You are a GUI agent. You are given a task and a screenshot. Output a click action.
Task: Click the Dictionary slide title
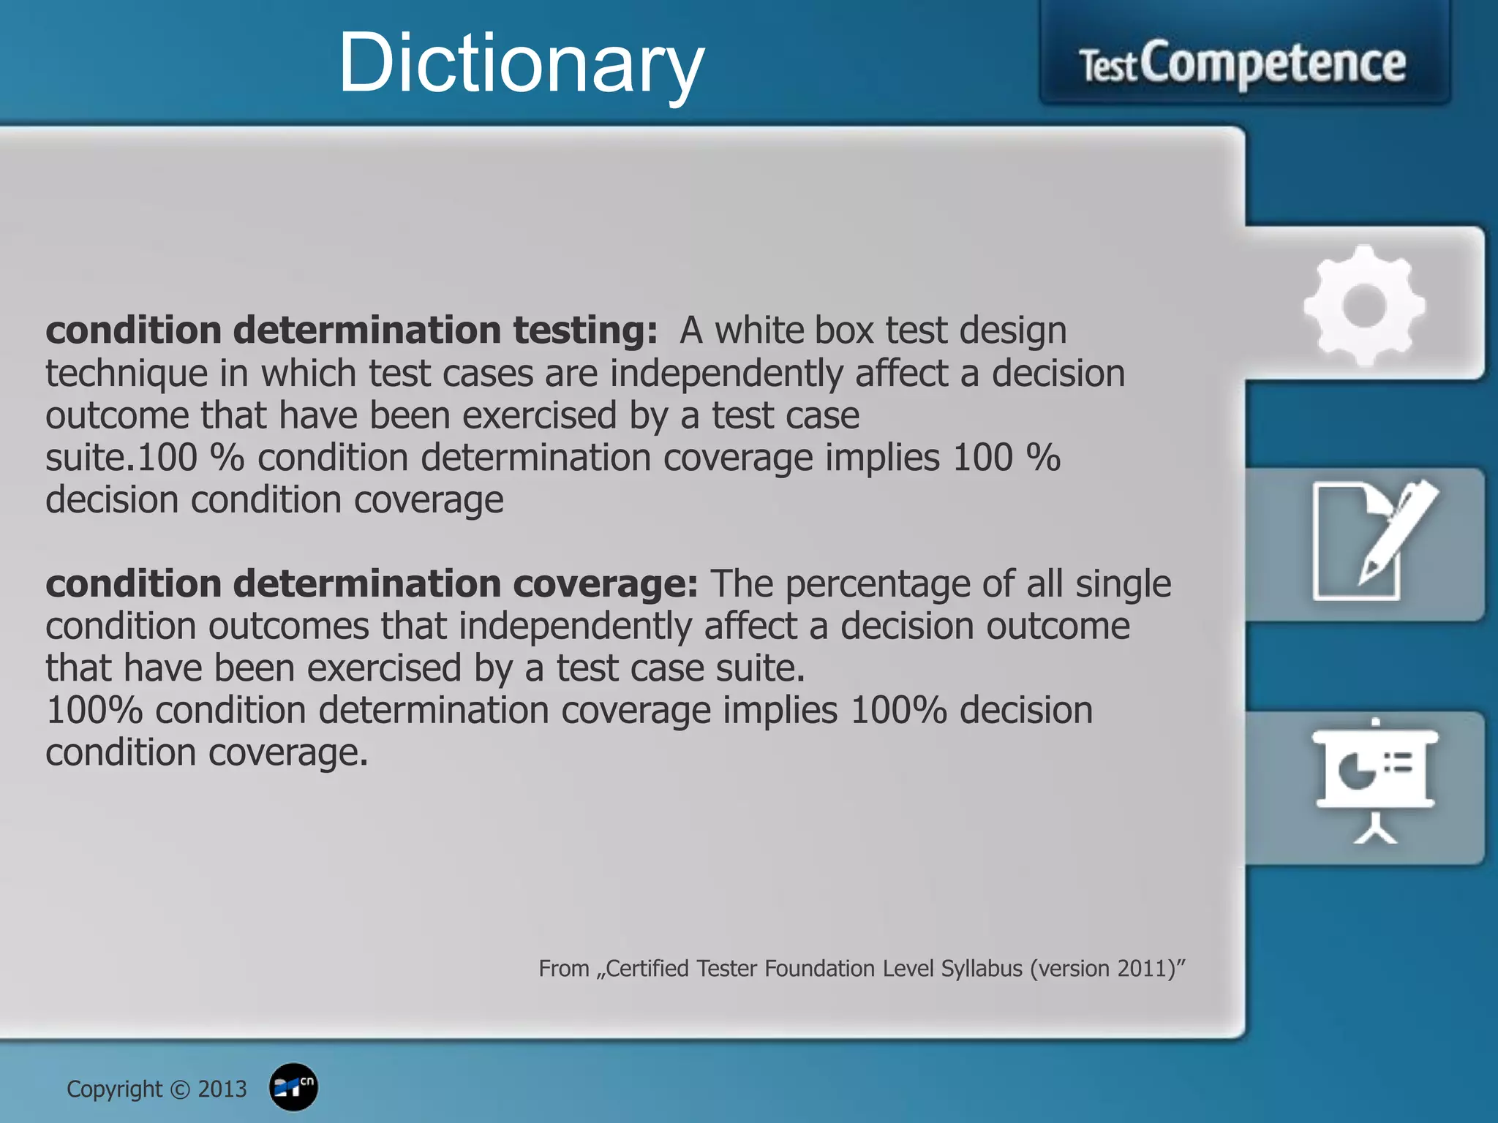coord(521,64)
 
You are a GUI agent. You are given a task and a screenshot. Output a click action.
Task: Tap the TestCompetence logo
coord(1243,64)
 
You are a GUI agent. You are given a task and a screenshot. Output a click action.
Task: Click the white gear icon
coord(1364,305)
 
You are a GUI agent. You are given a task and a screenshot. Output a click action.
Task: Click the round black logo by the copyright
coord(293,1087)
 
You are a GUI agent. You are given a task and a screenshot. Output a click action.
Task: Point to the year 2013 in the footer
coord(222,1089)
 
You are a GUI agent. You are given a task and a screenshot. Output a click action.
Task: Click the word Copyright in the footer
coord(114,1089)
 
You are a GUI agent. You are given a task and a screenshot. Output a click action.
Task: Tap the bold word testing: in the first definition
coord(585,330)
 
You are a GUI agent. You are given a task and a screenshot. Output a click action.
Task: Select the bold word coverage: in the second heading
coord(605,584)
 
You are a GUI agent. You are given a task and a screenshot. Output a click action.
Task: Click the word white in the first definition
coord(758,330)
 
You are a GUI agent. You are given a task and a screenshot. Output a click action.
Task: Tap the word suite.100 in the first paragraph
coord(121,458)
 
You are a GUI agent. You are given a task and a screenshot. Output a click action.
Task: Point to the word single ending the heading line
coord(1123,585)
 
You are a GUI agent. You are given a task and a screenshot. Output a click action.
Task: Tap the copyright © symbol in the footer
coord(179,1090)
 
